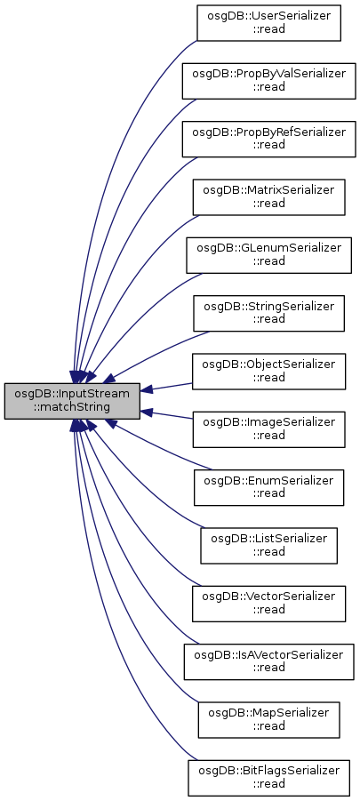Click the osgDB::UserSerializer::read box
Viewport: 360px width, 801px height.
(x=268, y=22)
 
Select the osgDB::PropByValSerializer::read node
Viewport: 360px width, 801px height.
(x=268, y=81)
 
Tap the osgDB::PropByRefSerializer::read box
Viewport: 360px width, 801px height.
(x=268, y=139)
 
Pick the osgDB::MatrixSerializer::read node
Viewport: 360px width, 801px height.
(x=268, y=196)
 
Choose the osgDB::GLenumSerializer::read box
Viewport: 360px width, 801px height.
(x=268, y=254)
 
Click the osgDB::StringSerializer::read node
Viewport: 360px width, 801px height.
(x=268, y=313)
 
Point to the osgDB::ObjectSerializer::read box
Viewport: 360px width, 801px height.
(x=268, y=371)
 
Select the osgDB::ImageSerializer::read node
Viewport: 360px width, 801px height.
(x=268, y=429)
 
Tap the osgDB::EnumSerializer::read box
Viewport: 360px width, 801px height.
(x=268, y=487)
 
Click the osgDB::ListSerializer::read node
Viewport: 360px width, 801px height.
(x=268, y=545)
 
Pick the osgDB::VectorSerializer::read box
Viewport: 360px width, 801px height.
(x=268, y=604)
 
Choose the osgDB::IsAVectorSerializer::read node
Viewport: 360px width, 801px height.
(x=268, y=661)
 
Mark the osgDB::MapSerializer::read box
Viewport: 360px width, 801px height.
(x=268, y=719)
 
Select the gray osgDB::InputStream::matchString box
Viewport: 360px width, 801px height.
(x=72, y=401)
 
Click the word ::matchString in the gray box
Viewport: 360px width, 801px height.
(x=72, y=408)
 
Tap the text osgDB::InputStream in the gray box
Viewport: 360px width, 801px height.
(x=72, y=395)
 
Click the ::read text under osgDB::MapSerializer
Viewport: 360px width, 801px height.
(x=269, y=726)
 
